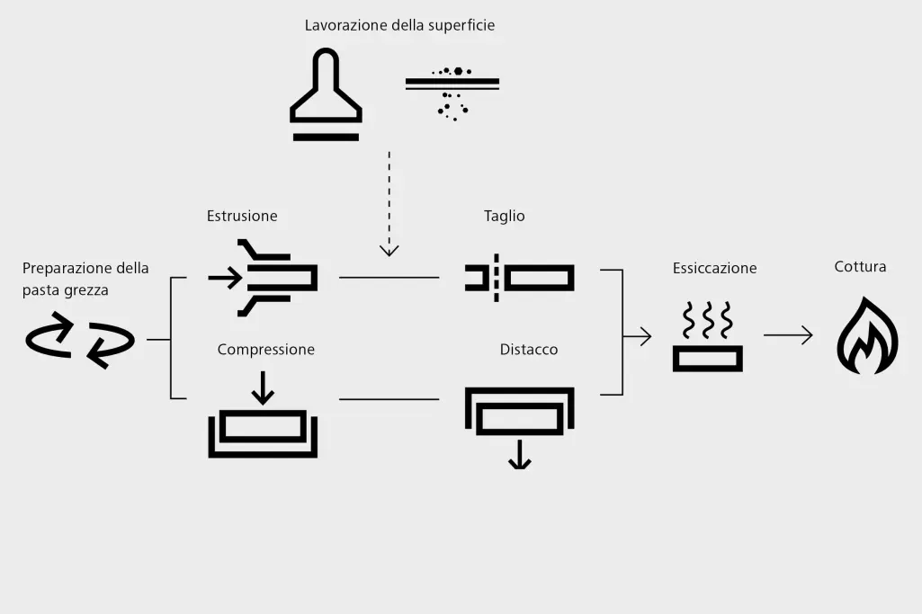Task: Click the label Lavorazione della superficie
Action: click(x=399, y=25)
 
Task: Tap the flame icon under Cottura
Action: click(x=867, y=336)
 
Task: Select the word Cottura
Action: click(x=860, y=267)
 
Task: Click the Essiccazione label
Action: click(x=714, y=268)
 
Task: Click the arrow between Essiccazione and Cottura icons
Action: click(x=788, y=335)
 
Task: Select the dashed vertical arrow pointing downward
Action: click(x=389, y=203)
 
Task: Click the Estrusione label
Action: click(x=242, y=216)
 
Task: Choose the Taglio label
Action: click(x=505, y=216)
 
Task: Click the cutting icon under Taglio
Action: click(x=520, y=278)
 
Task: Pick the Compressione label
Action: click(x=266, y=349)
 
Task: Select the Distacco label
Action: click(x=529, y=349)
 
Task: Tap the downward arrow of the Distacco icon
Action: click(x=519, y=458)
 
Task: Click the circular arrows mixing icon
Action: click(x=79, y=340)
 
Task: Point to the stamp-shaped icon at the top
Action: click(x=326, y=96)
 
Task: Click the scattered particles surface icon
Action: click(x=452, y=91)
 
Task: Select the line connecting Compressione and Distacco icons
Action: click(x=389, y=398)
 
